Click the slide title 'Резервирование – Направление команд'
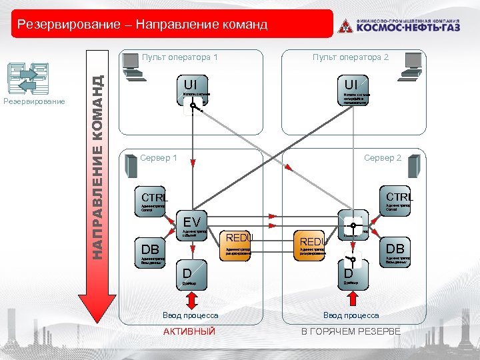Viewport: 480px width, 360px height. click(142, 25)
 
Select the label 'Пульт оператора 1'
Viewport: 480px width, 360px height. click(179, 57)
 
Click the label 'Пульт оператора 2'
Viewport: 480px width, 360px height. click(350, 57)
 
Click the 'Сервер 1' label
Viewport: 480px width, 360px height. click(159, 158)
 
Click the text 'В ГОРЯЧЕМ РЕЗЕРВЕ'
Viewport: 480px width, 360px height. click(351, 331)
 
